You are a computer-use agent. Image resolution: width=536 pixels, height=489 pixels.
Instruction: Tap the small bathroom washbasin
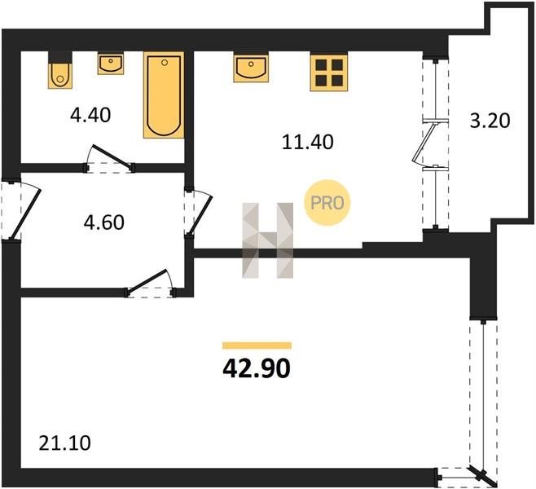point(111,63)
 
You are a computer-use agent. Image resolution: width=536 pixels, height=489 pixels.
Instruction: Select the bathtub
point(164,95)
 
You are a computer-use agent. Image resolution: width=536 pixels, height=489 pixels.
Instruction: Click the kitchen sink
point(251,67)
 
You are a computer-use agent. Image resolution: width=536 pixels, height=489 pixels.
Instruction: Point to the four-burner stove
point(329,73)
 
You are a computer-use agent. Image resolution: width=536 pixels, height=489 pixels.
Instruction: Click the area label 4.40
point(90,115)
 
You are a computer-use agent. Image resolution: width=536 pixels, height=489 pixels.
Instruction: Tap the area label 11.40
point(308,143)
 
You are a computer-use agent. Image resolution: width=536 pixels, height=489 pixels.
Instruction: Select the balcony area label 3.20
point(490,121)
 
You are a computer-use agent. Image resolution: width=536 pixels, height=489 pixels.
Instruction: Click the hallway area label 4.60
point(104,222)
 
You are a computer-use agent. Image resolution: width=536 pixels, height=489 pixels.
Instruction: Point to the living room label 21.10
point(64,443)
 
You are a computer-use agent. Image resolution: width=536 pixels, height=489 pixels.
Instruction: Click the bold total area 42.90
point(257,368)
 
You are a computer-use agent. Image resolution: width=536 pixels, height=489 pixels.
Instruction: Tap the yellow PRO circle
point(327,203)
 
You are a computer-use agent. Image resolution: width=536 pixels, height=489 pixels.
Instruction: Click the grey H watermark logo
point(268,240)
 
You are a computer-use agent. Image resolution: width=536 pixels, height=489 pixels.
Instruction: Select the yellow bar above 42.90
point(257,346)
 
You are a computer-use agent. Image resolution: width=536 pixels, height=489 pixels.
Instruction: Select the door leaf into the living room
point(147,282)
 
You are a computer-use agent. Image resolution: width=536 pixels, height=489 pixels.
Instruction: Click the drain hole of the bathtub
point(165,63)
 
